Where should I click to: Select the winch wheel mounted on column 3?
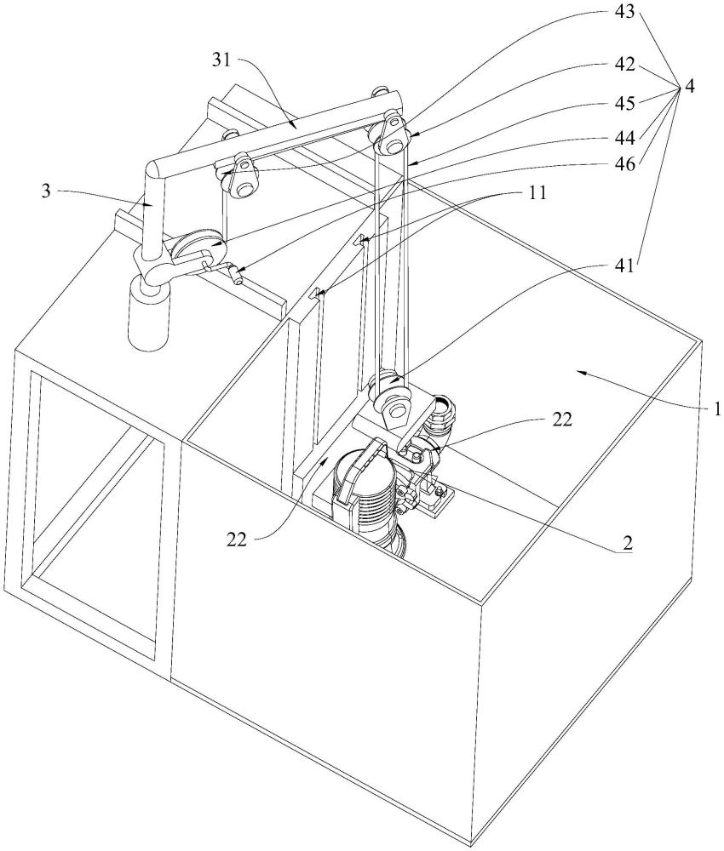pos(192,248)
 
